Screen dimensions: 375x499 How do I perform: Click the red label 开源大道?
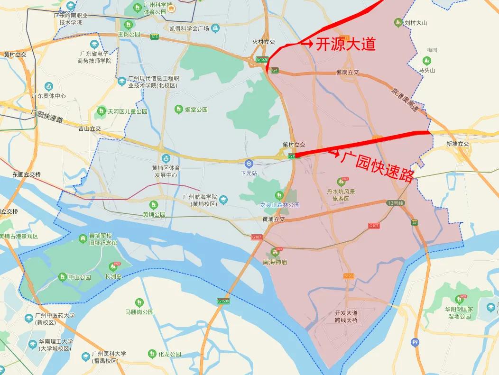point(346,44)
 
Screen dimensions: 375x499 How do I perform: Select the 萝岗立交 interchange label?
point(348,73)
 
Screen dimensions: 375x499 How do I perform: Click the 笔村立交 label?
point(294,145)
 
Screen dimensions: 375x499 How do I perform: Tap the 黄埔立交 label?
point(273,220)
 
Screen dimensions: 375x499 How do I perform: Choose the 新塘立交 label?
point(457,144)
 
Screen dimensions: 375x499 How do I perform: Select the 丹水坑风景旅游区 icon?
point(341,182)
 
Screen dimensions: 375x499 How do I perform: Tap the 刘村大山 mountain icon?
point(398,22)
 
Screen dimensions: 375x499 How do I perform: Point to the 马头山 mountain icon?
point(427,61)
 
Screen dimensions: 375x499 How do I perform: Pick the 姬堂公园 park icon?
point(178,110)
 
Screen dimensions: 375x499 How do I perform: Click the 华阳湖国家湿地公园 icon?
point(459,299)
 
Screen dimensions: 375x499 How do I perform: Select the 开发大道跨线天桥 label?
point(346,317)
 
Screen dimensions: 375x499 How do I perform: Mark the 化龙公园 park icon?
point(152,354)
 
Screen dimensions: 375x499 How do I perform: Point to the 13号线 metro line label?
point(395,203)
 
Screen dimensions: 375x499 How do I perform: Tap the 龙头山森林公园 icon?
point(279,195)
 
